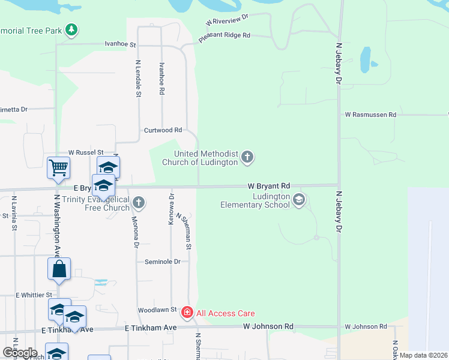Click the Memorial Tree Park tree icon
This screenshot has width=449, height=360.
(x=71, y=29)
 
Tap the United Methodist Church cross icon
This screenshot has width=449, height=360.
(x=247, y=158)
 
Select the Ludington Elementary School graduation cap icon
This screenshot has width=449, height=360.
(x=299, y=200)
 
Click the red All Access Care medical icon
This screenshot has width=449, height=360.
(x=187, y=313)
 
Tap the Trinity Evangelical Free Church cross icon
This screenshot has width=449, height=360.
(x=139, y=202)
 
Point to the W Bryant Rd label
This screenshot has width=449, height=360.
(x=270, y=186)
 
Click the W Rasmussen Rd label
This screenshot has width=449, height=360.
(x=370, y=114)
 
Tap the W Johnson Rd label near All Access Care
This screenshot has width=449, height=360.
(x=268, y=326)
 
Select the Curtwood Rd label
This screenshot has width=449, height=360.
(x=163, y=130)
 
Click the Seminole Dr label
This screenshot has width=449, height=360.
(x=162, y=262)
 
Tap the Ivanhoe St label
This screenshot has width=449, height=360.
(x=121, y=44)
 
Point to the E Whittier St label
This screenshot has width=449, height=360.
(x=34, y=295)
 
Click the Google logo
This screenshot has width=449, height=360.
(x=19, y=353)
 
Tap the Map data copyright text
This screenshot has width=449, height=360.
(x=424, y=356)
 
